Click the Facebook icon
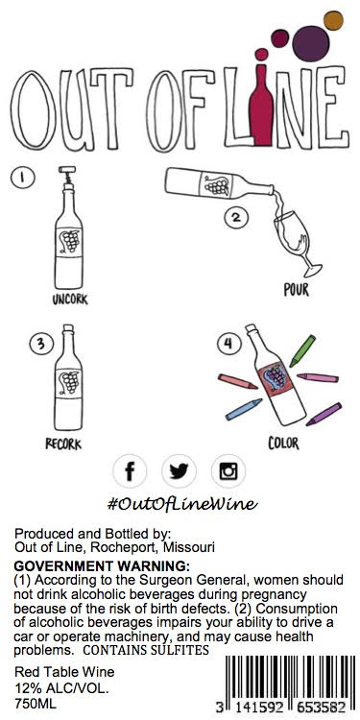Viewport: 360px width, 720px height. (130, 470)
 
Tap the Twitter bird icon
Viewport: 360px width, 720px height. (180, 470)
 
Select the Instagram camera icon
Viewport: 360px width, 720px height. (228, 470)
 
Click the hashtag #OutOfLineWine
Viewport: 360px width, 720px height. (182, 504)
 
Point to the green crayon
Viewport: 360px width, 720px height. (302, 350)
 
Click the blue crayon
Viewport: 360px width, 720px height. (244, 409)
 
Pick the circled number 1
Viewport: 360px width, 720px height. (22, 179)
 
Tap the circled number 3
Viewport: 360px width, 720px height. (41, 344)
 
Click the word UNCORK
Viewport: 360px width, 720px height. (70, 300)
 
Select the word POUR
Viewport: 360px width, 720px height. (297, 290)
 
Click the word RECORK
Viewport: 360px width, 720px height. (63, 444)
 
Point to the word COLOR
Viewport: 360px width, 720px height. (283, 444)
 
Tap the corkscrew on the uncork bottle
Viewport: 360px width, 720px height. (67, 175)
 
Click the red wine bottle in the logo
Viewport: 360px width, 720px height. (261, 106)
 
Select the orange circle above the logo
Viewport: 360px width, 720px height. (333, 20)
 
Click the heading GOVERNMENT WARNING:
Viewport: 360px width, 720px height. (102, 564)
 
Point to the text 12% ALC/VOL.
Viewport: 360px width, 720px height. (62, 688)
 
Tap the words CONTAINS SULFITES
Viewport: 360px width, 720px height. (146, 650)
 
